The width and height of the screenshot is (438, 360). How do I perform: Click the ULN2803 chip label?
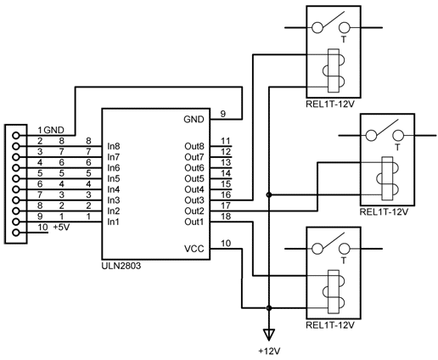(121, 266)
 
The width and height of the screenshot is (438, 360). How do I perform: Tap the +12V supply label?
(269, 352)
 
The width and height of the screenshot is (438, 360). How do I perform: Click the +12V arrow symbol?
(269, 335)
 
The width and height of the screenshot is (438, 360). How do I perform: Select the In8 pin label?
(114, 146)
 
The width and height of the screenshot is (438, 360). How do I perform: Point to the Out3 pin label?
(194, 200)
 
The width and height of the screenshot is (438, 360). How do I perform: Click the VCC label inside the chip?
(194, 249)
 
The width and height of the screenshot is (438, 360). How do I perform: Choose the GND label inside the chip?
(194, 119)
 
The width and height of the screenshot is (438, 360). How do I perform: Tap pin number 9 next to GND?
(223, 114)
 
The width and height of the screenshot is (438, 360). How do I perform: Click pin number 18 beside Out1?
(226, 217)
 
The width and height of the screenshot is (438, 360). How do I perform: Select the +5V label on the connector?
(61, 227)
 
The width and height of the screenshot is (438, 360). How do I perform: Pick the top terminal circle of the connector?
(16, 136)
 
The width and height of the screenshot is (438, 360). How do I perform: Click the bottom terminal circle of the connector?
(16, 233)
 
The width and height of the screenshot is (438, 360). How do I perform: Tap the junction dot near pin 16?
(269, 194)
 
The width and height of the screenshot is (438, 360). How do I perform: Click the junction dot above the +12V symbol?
(269, 307)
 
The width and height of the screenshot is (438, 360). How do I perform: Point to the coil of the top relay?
(334, 70)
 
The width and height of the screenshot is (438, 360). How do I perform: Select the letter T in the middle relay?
(398, 147)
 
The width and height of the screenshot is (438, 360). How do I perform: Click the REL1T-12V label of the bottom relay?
(330, 324)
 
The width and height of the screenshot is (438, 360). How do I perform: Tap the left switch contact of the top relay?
(317, 28)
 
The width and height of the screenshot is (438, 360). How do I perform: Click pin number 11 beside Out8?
(226, 141)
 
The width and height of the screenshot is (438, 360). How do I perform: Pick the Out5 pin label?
(194, 178)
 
